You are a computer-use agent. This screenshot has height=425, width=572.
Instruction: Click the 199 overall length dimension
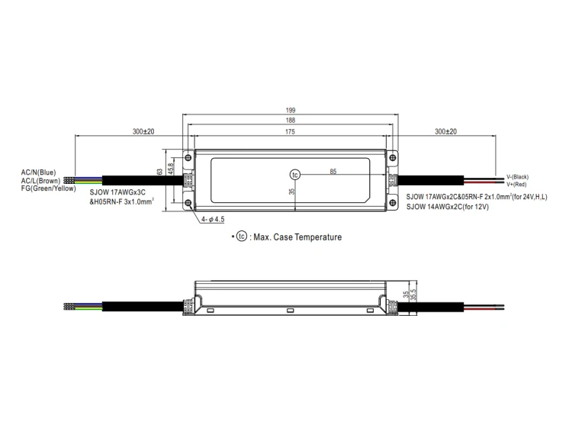(x=291, y=110)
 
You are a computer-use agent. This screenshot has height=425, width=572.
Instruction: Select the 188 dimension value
(x=291, y=121)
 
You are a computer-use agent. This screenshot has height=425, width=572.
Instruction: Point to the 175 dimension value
(x=290, y=132)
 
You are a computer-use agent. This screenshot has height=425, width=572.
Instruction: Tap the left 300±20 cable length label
(x=143, y=131)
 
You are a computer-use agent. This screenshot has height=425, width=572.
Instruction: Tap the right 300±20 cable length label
(x=446, y=131)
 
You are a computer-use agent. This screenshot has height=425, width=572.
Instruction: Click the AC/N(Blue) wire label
(x=38, y=172)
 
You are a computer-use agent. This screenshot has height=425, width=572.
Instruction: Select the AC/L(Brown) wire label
(x=40, y=181)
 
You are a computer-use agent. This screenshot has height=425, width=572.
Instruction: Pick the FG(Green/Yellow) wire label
(x=49, y=188)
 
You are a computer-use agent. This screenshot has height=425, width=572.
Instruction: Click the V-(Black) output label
(x=517, y=177)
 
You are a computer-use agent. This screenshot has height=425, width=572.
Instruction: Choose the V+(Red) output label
(x=516, y=184)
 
